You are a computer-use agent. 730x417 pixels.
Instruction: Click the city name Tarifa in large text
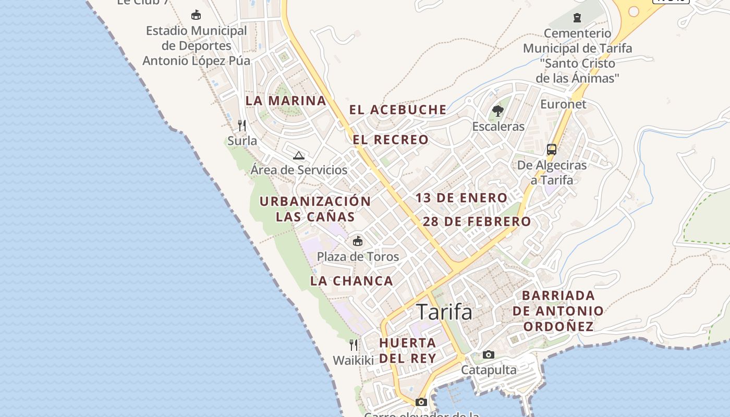tap(445, 312)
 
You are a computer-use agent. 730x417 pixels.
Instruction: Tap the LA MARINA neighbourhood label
tap(286, 101)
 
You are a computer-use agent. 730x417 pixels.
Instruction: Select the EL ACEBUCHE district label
tap(398, 110)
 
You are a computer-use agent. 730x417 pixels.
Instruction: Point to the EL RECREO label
tap(391, 140)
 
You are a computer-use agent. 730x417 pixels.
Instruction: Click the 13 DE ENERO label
tap(461, 198)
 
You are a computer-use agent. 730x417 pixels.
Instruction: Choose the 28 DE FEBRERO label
tap(477, 222)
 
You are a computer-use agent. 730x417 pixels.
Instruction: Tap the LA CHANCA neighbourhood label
tap(351, 281)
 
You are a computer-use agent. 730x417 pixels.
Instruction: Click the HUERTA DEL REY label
tap(407, 350)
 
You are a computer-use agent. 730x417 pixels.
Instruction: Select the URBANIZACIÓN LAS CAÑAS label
tap(315, 208)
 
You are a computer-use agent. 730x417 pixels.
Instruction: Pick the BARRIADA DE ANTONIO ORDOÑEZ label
tap(558, 311)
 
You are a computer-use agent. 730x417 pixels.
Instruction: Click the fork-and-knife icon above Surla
tap(242, 126)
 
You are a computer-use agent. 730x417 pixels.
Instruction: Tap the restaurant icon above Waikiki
tap(354, 345)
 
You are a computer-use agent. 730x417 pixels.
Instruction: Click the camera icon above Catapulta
tap(489, 355)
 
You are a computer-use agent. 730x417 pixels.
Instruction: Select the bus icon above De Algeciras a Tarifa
tap(552, 150)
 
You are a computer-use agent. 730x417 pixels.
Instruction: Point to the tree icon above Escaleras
tap(498, 111)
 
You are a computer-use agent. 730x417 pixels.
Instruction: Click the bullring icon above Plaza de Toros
tap(358, 241)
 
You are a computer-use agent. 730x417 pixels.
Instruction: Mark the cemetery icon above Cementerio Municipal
tap(577, 18)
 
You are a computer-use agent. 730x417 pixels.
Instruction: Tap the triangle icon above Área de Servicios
tap(298, 155)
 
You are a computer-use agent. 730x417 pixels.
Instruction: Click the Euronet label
tap(563, 104)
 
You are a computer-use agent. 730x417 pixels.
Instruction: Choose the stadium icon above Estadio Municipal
tap(196, 15)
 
